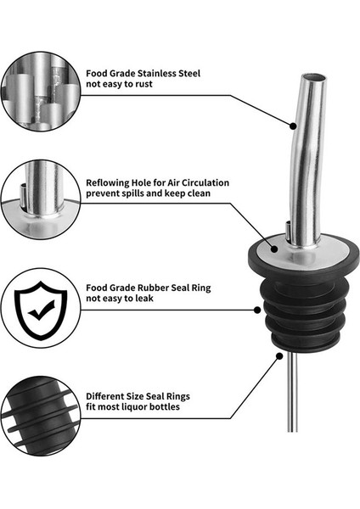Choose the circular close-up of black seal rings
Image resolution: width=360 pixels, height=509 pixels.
[39, 416]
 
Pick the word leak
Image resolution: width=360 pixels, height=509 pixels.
[155, 300]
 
